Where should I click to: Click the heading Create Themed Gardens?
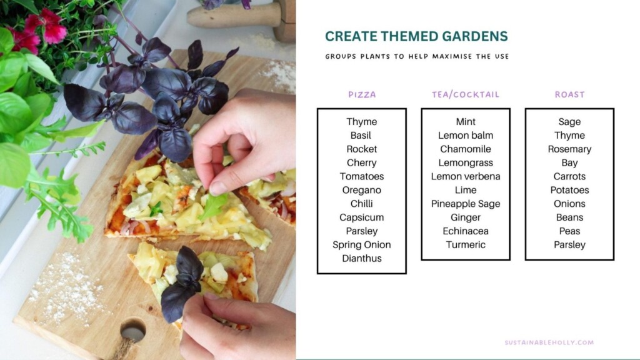416,36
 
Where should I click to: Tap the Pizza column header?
362,95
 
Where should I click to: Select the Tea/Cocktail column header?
466,95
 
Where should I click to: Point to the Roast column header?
569,95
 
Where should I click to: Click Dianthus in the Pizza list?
362,258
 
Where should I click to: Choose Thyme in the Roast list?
569,135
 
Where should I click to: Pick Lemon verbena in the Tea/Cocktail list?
466,176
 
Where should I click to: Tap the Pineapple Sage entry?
466,204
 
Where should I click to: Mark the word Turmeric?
466,244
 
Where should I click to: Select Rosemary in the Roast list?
569,149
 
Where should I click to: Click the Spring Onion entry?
362,244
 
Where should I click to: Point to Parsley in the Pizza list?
362,231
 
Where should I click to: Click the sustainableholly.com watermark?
549,342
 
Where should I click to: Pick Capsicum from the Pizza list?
362,217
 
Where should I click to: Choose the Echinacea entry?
466,231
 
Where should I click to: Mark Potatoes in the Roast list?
569,190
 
